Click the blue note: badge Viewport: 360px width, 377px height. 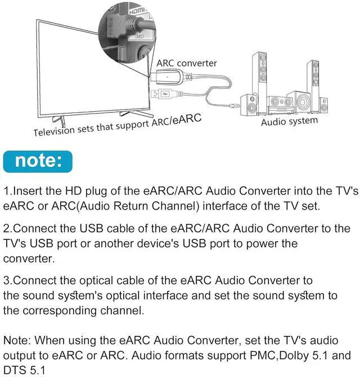pos(38,161)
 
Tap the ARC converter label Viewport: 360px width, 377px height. pos(187,63)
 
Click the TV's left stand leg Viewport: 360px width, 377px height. pos(56,120)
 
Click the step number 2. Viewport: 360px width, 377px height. pos(6,229)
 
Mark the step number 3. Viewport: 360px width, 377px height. pos(6,280)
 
